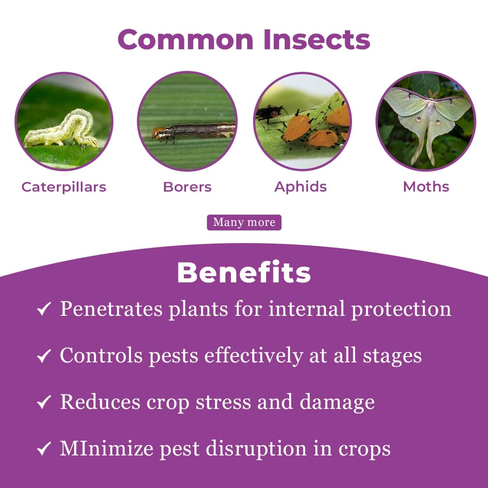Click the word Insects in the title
[317, 40]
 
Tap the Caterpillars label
[64, 187]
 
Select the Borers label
[187, 187]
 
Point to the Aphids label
[300, 187]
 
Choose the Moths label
[426, 187]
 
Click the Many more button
[244, 222]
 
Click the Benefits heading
[244, 272]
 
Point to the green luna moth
[426, 117]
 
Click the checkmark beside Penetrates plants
[44, 310]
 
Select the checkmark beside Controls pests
[44, 357]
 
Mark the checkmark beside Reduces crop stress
[44, 403]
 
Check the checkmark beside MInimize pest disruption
[44, 450]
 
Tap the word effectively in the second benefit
[253, 356]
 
